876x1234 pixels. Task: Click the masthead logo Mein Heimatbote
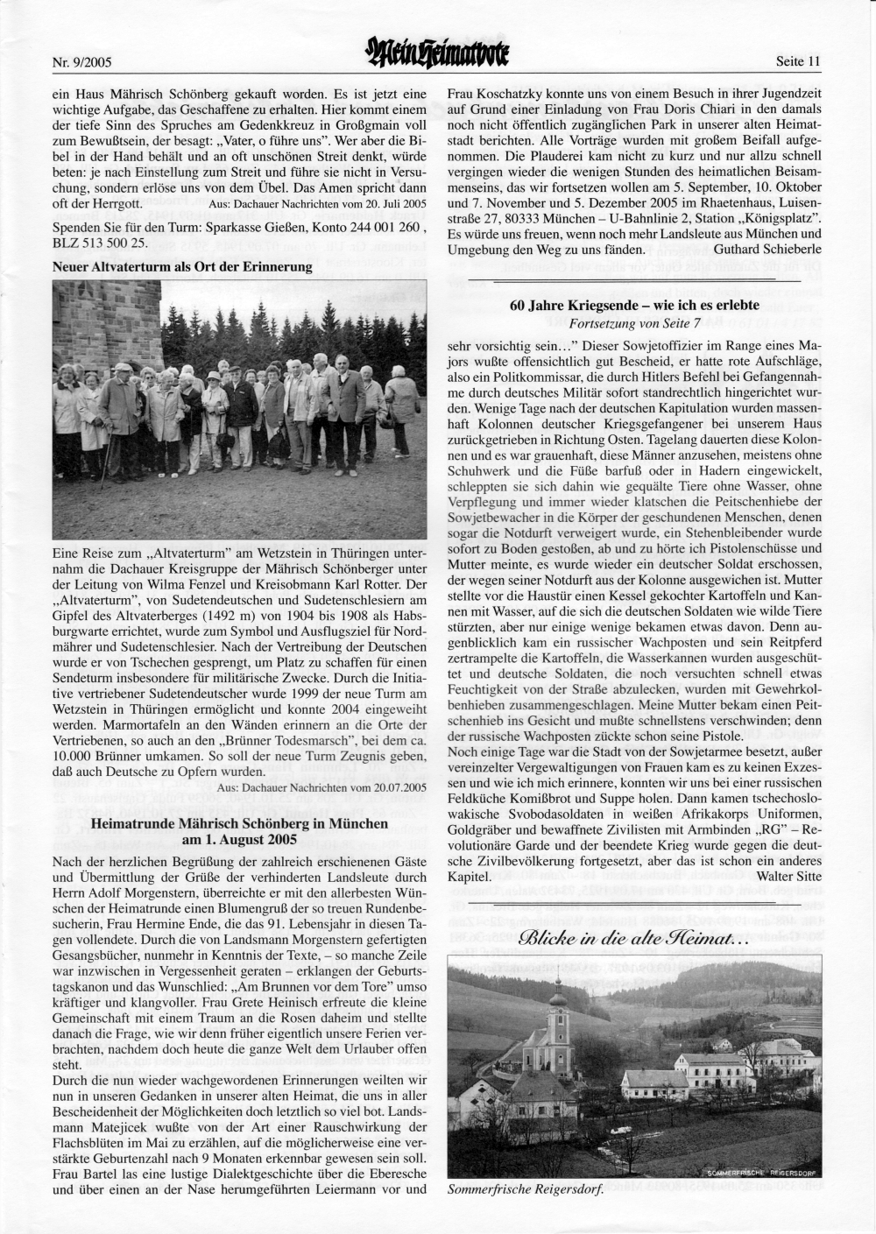coord(439,59)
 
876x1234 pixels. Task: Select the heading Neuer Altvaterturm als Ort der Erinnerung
coord(182,266)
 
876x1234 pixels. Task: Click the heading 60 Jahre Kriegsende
coord(634,307)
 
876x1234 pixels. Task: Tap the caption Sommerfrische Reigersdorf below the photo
coord(525,1191)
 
